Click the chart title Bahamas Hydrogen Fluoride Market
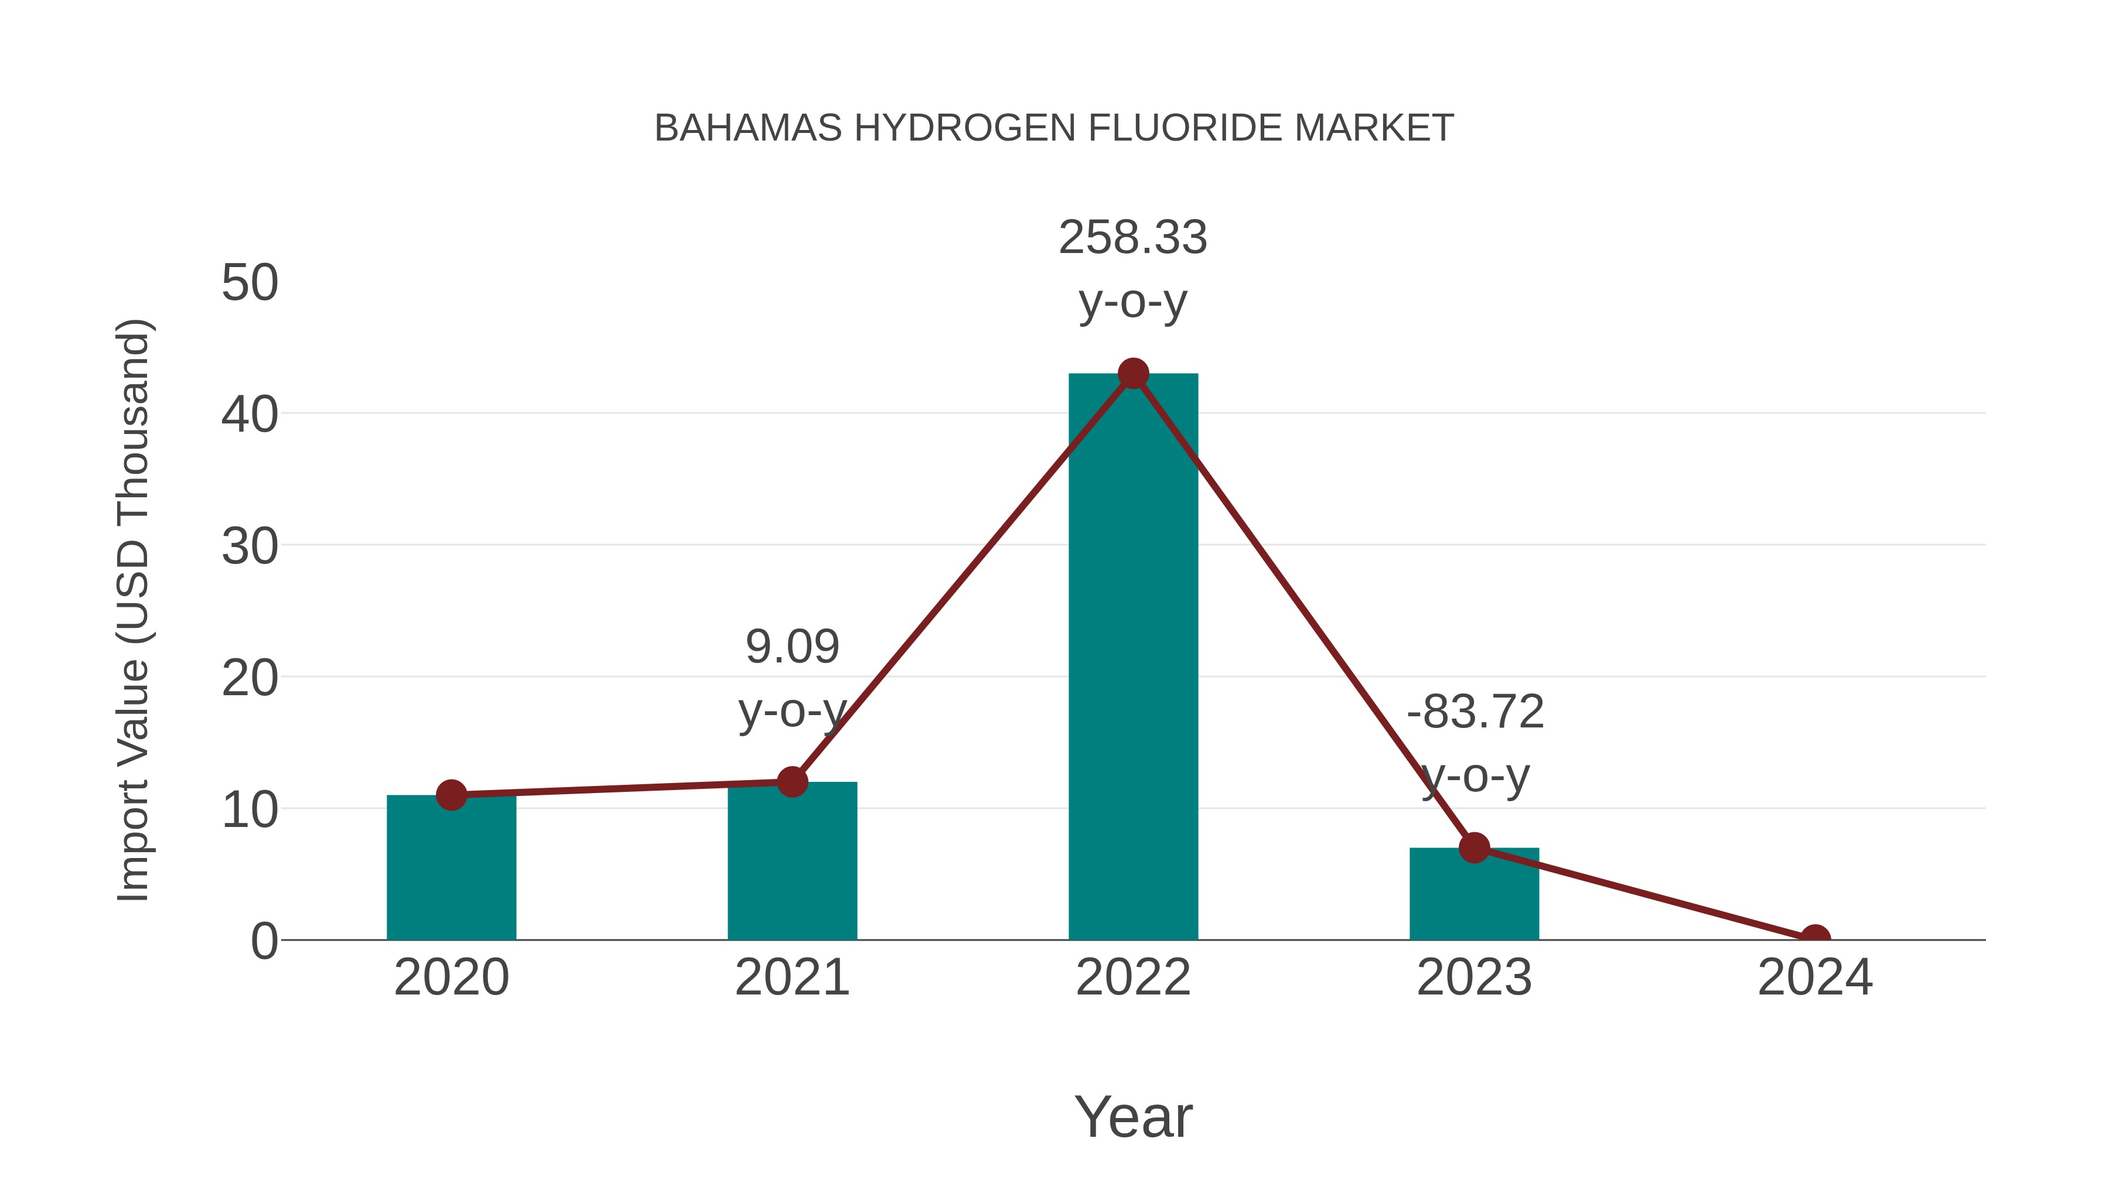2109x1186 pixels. tap(1054, 128)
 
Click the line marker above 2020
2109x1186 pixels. tap(451, 795)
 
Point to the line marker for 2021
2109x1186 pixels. tap(791, 782)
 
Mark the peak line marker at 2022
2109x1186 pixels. tap(1133, 374)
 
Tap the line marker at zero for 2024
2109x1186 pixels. tap(1815, 938)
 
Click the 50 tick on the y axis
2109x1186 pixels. tap(250, 283)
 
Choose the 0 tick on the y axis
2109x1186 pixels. tap(264, 941)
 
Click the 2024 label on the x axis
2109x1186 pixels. tap(1815, 977)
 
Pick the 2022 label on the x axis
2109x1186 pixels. tap(1133, 977)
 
